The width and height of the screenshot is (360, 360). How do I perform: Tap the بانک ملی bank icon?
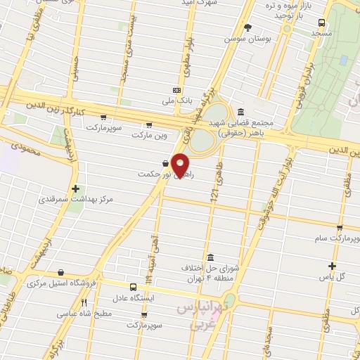click(176, 90)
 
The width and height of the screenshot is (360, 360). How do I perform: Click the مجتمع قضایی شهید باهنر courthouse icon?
click(241, 112)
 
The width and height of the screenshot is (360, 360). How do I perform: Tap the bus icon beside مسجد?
click(321, 22)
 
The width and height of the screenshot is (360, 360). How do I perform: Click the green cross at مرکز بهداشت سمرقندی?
click(76, 188)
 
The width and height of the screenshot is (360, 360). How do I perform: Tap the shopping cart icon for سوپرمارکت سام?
click(340, 228)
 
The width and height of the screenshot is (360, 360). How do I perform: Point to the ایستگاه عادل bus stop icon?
click(134, 287)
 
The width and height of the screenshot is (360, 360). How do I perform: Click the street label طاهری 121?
click(218, 189)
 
